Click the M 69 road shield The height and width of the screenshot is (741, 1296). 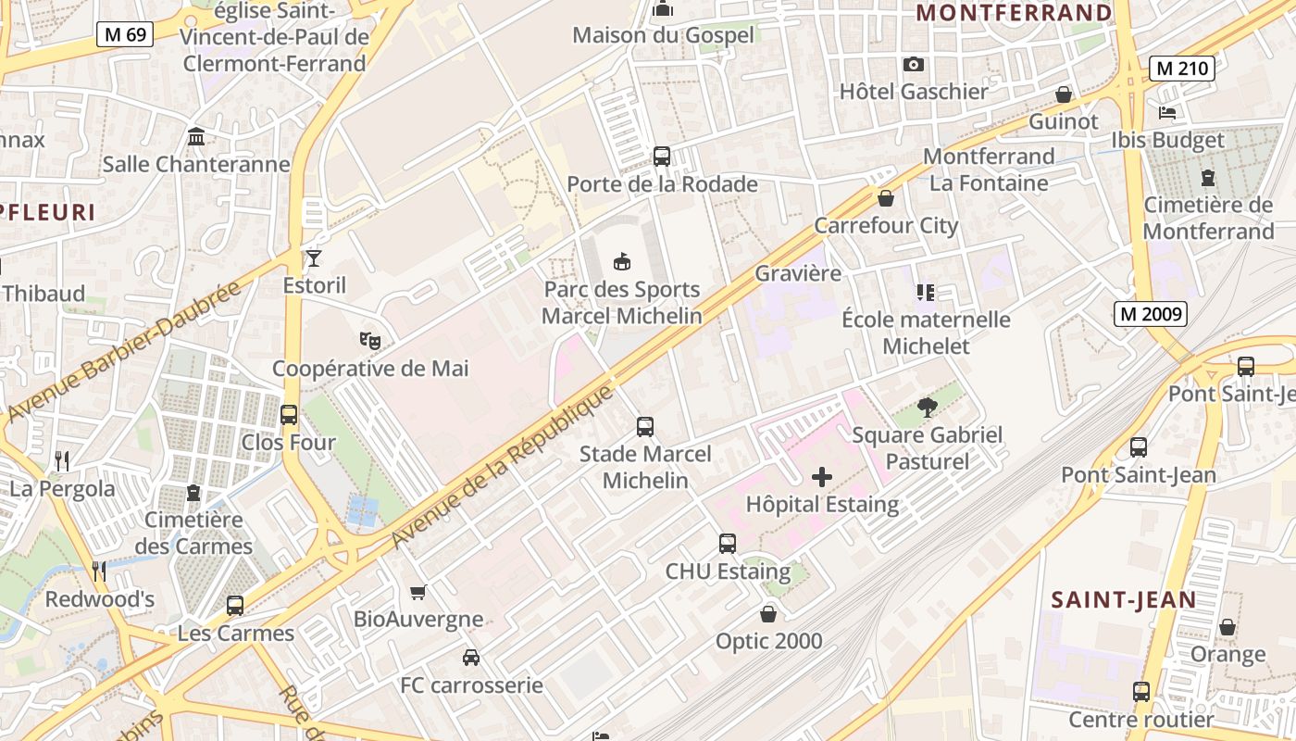click(125, 35)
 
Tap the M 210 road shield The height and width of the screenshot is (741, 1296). click(1181, 68)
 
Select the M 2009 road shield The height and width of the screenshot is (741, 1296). click(1150, 314)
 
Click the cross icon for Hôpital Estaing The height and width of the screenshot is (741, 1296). click(821, 477)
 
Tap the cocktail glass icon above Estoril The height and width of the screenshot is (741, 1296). click(314, 257)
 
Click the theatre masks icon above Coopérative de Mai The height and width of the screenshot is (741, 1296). click(370, 341)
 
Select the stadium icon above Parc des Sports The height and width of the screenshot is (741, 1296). click(622, 262)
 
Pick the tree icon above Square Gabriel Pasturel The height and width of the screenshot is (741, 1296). click(927, 408)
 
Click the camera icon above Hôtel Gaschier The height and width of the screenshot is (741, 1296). click(914, 64)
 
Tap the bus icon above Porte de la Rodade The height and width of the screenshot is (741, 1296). click(662, 156)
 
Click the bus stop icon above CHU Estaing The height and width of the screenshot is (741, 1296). click(728, 544)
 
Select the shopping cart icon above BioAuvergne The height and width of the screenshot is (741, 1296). click(417, 592)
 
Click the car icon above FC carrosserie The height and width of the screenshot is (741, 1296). click(471, 658)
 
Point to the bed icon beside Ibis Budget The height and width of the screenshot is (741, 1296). click(1167, 113)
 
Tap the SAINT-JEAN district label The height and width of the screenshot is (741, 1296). click(1124, 600)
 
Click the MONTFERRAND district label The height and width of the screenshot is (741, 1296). click(1014, 13)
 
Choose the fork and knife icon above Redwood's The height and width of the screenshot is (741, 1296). click(99, 571)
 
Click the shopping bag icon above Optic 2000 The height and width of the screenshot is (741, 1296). click(768, 613)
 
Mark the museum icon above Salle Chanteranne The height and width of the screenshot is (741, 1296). click(196, 137)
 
